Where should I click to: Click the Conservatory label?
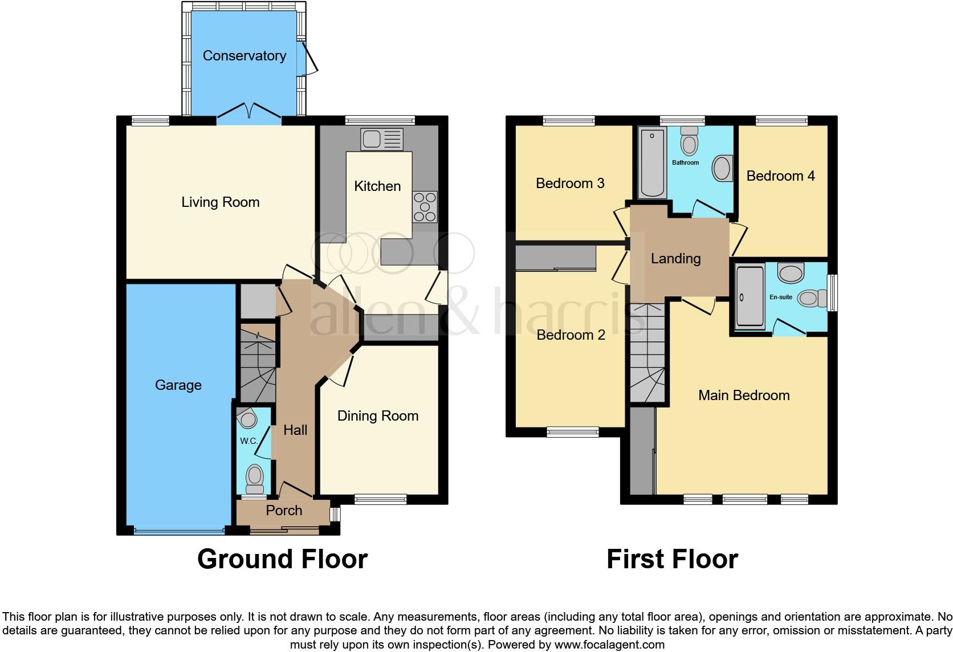244,56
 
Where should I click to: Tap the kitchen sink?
381,138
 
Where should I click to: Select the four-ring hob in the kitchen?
425,206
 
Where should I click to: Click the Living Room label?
220,202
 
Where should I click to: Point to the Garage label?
178,385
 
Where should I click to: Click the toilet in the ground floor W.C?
254,478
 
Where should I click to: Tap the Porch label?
284,511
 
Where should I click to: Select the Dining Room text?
377,416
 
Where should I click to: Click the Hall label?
295,430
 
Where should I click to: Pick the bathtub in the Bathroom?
652,162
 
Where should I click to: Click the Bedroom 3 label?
569,184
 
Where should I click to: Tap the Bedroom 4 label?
780,176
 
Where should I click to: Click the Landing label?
675,259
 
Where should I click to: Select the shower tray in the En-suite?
750,297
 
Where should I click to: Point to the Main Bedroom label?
744,396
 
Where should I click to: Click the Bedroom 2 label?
571,335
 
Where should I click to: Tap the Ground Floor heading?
282,559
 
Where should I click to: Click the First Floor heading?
672,559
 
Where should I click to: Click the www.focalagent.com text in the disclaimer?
609,645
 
